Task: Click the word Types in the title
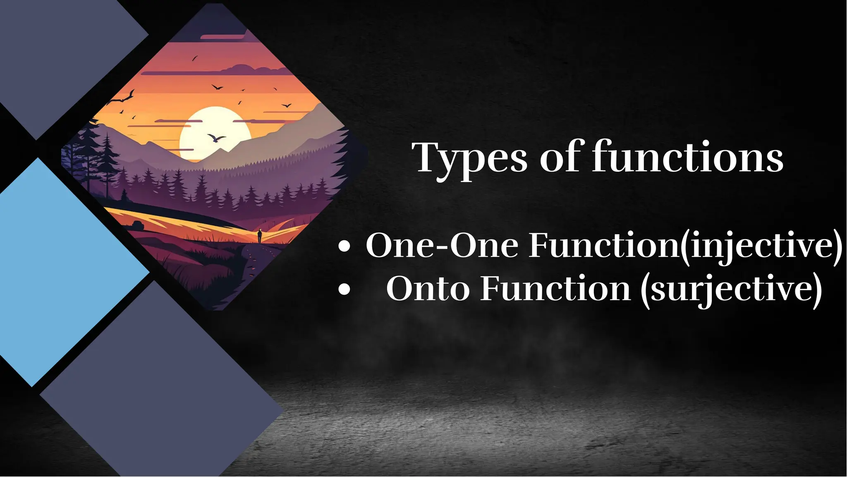click(x=471, y=159)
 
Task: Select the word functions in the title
click(x=688, y=157)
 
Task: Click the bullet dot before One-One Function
click(x=344, y=247)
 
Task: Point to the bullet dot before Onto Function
click(x=344, y=290)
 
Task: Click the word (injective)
click(x=761, y=246)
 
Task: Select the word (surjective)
click(x=731, y=289)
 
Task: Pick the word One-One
click(x=442, y=246)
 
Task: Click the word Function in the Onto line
click(x=555, y=289)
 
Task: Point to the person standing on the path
click(x=260, y=236)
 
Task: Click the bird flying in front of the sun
click(x=216, y=137)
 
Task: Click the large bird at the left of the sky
click(x=124, y=98)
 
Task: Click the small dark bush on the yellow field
click(x=138, y=225)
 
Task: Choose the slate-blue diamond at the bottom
click(x=161, y=385)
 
